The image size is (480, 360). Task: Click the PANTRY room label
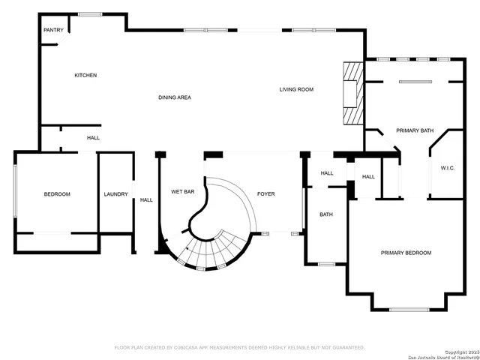tap(53, 30)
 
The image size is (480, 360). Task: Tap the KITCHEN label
tap(85, 75)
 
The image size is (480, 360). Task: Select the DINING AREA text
tap(174, 97)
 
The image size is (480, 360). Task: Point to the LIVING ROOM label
tap(296, 89)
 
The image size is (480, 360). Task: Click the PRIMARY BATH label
tap(415, 130)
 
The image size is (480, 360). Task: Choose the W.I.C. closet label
tap(448, 168)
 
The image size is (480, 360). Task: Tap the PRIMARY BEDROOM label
tap(406, 253)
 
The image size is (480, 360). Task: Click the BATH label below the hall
tap(326, 214)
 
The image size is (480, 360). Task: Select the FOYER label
tap(266, 194)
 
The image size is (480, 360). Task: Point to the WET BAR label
tap(183, 192)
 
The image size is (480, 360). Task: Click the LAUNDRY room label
tap(115, 194)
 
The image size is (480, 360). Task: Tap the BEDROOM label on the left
tap(57, 194)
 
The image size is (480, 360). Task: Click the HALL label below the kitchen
tap(93, 138)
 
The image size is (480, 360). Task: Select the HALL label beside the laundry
tap(146, 199)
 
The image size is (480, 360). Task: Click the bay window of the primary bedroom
tap(409, 309)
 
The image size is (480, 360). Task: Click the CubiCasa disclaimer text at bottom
tap(239, 348)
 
